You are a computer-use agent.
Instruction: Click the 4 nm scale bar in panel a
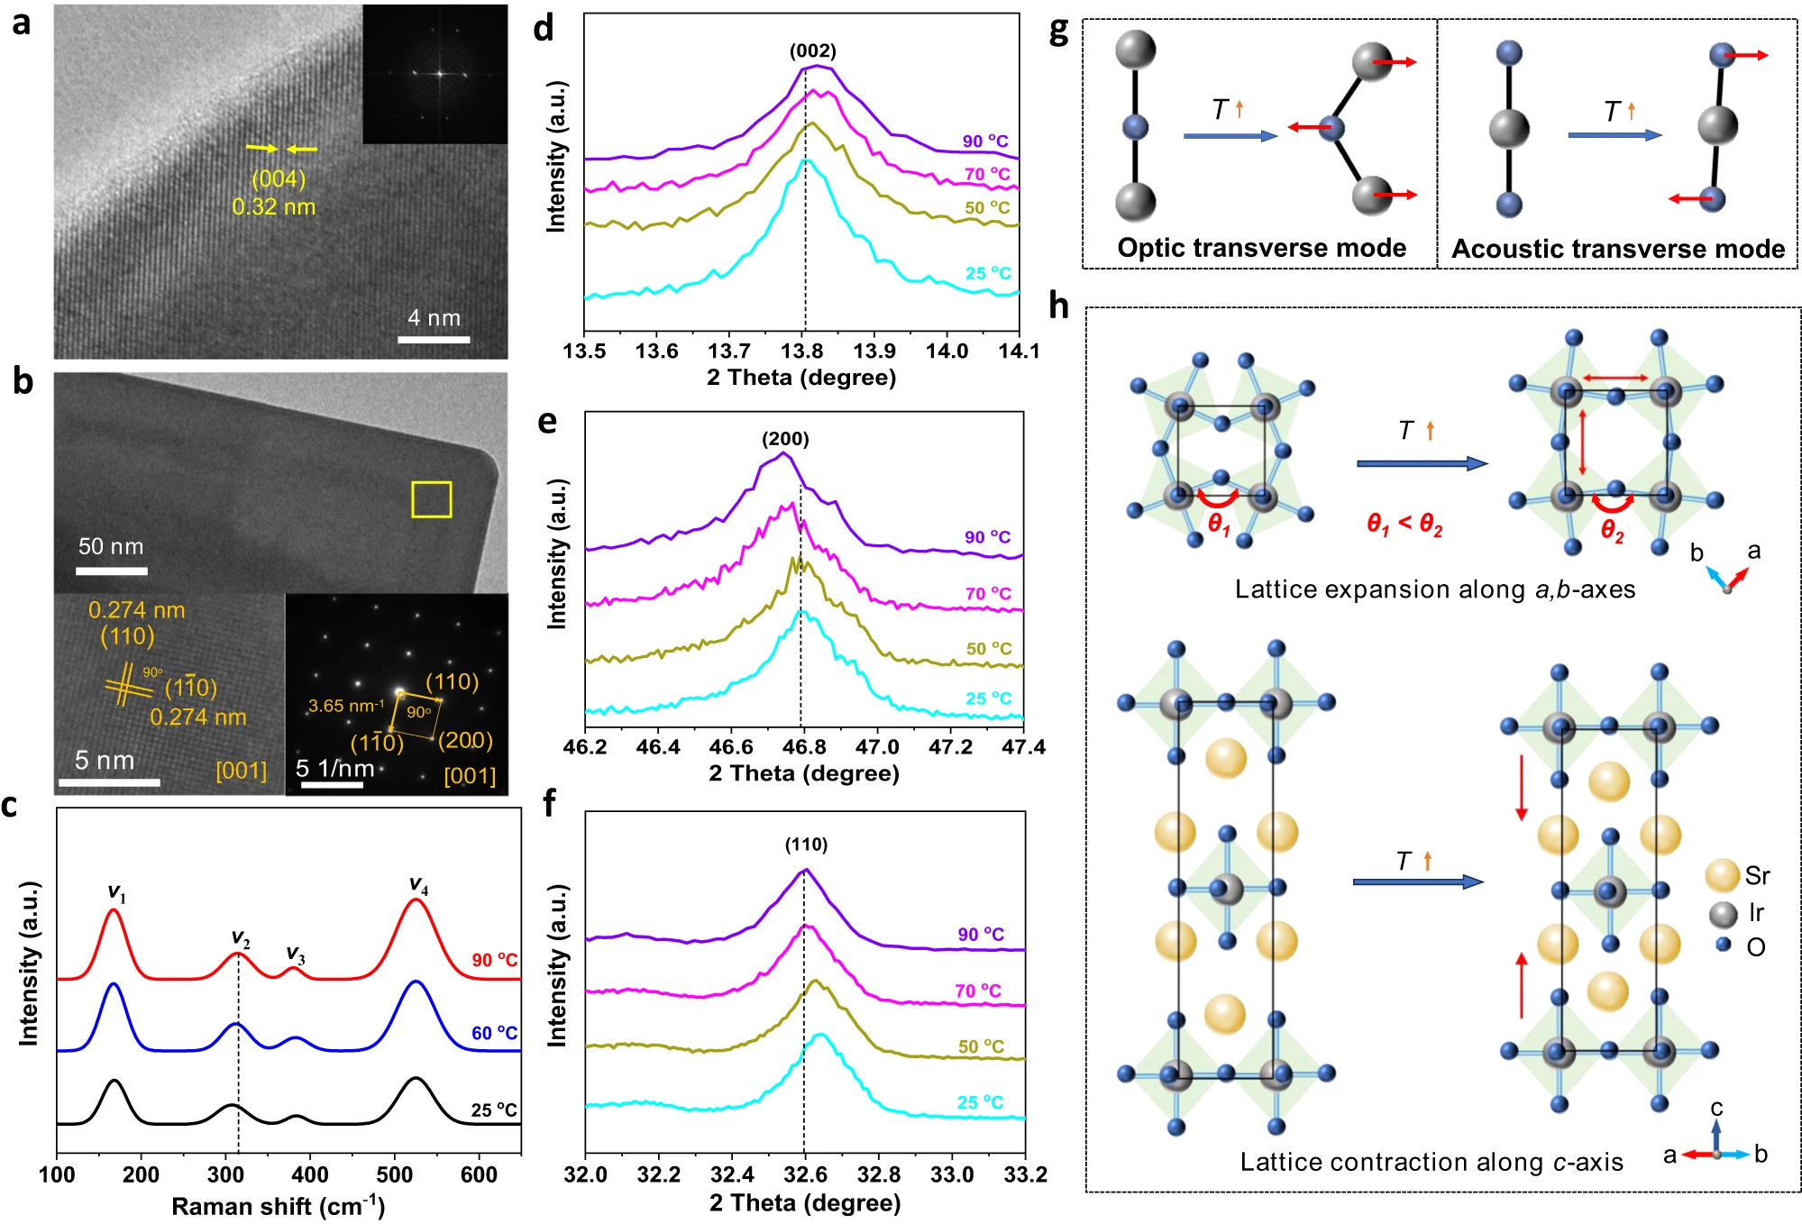coord(434,339)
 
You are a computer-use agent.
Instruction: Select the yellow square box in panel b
coord(432,499)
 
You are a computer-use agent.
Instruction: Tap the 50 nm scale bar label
coord(110,546)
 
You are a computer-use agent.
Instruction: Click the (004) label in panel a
coord(278,178)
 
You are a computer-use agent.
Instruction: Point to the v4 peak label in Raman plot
coord(418,885)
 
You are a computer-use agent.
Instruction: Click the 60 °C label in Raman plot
coord(494,1033)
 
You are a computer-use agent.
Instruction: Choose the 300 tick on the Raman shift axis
coord(225,1174)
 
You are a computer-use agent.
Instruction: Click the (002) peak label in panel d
coord(812,50)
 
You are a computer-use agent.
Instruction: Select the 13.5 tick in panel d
coord(584,351)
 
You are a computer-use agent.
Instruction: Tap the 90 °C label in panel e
coord(987,537)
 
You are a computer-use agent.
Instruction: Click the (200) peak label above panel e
coord(785,439)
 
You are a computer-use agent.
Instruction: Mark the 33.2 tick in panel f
coord(1025,1174)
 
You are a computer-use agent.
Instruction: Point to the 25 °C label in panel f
coord(980,1102)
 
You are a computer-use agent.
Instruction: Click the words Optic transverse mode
coord(1261,248)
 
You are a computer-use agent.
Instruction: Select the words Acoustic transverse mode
coord(1617,249)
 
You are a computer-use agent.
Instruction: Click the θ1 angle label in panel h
coord(1219,525)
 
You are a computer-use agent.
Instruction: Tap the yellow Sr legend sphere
coord(1722,875)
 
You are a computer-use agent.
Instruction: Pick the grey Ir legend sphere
coord(1723,914)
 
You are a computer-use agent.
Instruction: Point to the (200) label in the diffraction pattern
coord(465,740)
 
